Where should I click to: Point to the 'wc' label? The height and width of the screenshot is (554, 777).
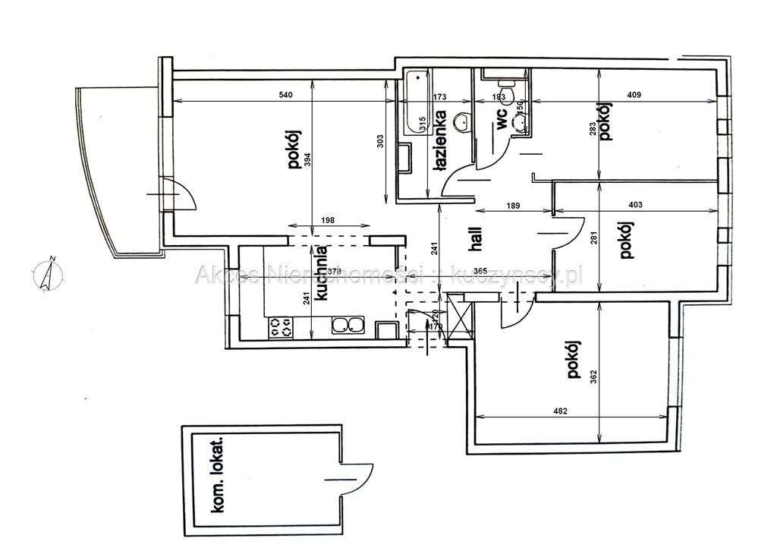(x=502, y=123)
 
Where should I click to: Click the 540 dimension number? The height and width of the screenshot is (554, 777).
(x=285, y=96)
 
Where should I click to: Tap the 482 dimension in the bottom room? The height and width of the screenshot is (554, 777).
(x=559, y=411)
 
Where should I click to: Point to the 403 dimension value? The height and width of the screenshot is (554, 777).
(x=636, y=204)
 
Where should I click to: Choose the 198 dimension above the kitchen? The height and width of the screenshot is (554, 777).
(x=328, y=220)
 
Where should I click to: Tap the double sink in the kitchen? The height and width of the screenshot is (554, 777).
(x=348, y=326)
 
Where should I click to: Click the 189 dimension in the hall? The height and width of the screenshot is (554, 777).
(x=512, y=204)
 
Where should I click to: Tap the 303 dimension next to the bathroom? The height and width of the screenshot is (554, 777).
(x=381, y=142)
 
